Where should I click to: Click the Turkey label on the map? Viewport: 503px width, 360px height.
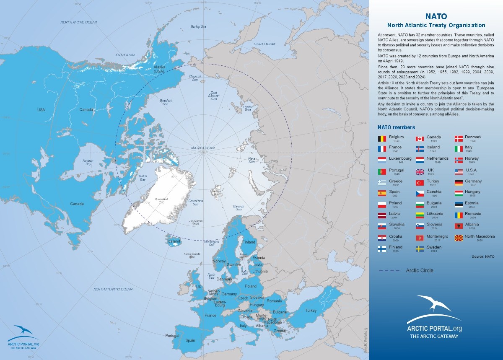(x=311, y=311)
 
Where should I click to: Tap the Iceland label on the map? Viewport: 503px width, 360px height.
(x=174, y=241)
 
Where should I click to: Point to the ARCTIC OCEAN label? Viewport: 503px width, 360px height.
(x=202, y=148)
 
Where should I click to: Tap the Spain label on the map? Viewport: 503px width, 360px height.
(x=190, y=341)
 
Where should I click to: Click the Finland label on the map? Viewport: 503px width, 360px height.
(x=249, y=242)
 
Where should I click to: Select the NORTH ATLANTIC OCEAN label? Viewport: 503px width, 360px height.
(x=113, y=289)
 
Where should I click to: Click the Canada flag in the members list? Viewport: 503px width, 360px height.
(x=420, y=139)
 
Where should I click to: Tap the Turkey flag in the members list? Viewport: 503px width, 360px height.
(x=420, y=183)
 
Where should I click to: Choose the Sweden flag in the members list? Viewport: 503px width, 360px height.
(x=420, y=249)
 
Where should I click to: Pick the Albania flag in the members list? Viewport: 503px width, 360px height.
(x=459, y=226)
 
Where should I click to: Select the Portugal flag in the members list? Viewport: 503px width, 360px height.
(x=382, y=172)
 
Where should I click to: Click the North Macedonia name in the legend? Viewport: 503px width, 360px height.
(x=480, y=236)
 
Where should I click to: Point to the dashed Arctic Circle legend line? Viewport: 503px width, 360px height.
(x=389, y=271)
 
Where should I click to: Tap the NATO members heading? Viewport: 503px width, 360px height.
(x=396, y=127)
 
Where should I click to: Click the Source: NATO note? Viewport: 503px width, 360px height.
(x=483, y=256)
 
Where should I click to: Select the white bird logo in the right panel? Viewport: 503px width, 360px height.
(x=434, y=303)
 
